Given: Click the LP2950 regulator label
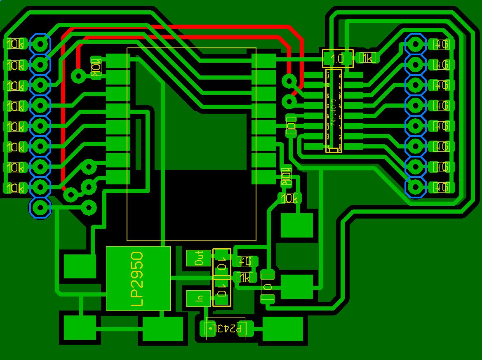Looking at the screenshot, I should coord(138,279).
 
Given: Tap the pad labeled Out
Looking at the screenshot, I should coord(199,258).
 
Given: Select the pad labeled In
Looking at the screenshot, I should coord(199,298).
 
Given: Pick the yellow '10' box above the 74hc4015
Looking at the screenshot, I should coord(338,59).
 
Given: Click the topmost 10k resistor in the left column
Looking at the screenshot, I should coord(15,44).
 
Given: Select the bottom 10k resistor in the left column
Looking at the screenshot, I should coord(15,188).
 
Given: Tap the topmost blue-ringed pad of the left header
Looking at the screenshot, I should coord(40,43).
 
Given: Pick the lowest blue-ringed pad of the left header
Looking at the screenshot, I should coord(40,208).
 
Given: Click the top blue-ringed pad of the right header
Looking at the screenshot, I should coord(415,44).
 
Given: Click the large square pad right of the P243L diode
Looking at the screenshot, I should coord(283,329).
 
